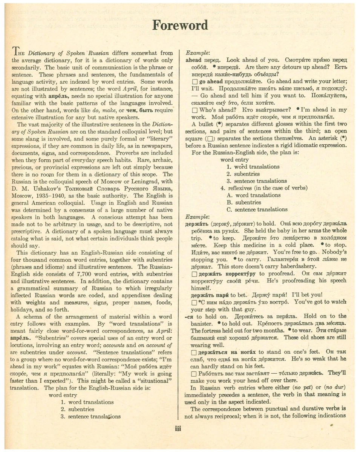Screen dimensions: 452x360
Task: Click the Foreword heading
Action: pyautogui.click(x=180, y=25)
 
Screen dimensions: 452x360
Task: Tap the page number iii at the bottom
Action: pyautogui.click(x=179, y=429)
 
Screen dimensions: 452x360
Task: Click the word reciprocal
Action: pyautogui.click(x=217, y=416)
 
